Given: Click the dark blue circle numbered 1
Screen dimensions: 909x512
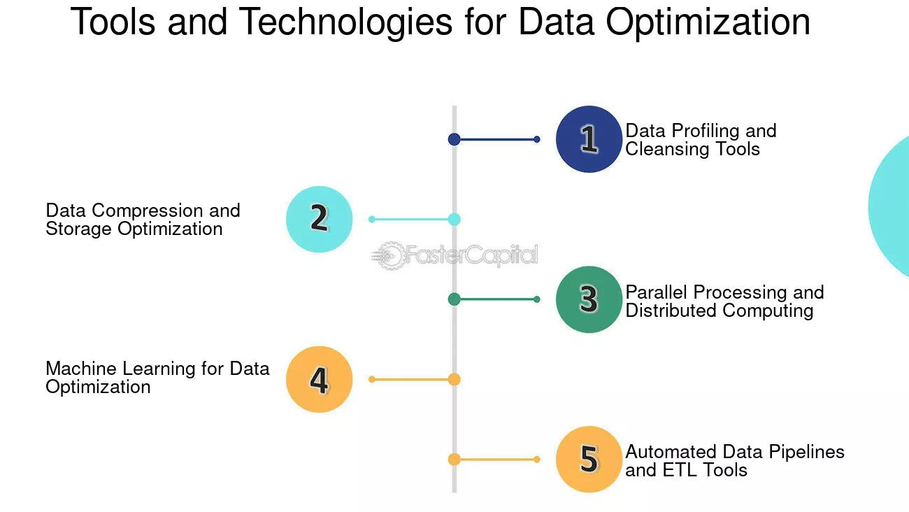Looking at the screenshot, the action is [x=589, y=139].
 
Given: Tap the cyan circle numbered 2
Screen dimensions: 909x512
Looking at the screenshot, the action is [x=319, y=219].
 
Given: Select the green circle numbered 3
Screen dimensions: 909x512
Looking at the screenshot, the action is [x=589, y=299].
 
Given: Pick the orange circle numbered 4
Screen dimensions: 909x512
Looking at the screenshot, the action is [x=319, y=379].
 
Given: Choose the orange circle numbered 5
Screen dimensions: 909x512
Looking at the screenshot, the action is [x=589, y=460].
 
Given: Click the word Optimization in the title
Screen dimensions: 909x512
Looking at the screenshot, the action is [x=708, y=23].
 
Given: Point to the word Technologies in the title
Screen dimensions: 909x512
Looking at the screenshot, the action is [x=345, y=22].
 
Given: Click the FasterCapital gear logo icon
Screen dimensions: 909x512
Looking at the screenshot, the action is [x=388, y=255].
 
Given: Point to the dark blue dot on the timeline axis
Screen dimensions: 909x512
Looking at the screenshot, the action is [x=454, y=139].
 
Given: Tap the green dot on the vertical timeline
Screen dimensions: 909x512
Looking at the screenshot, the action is [x=454, y=299].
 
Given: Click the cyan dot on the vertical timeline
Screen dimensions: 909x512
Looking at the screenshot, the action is [x=454, y=219].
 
